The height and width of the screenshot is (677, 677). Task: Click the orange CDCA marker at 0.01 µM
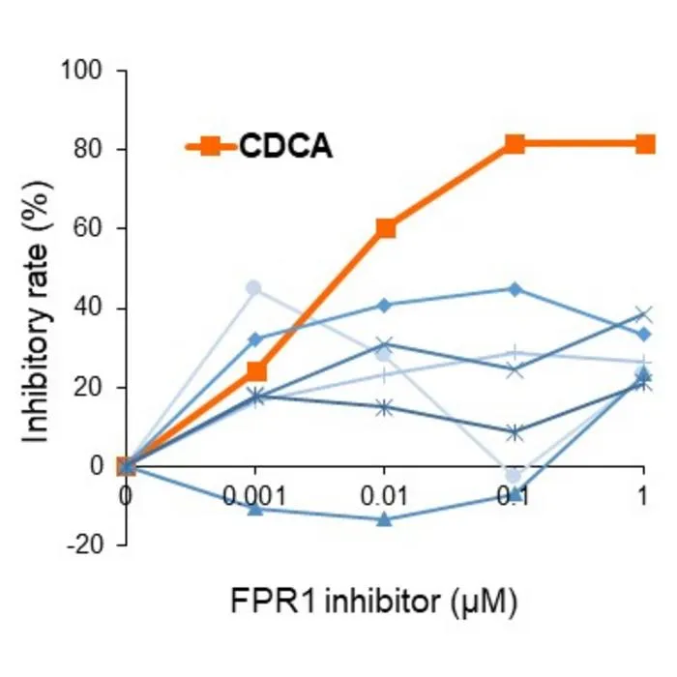point(386,228)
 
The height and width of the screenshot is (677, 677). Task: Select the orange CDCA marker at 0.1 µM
point(515,144)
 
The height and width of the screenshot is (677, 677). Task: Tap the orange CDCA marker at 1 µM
point(645,144)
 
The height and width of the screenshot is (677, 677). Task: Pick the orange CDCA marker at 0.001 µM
point(256,371)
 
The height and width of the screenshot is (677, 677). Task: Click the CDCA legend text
point(286,146)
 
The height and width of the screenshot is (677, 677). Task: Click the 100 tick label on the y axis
point(81,70)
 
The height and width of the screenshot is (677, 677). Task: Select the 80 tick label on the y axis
point(89,149)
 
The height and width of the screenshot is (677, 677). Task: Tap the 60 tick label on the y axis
point(89,228)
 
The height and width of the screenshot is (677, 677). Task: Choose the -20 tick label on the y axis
point(85,545)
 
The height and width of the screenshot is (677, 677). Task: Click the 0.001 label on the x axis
point(254,495)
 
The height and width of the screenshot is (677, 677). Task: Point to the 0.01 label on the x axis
point(384,495)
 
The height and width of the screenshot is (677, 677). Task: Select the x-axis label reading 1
point(643,495)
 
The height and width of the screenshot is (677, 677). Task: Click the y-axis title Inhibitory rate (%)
point(38,311)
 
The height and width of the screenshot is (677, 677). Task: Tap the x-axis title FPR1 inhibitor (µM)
point(374,601)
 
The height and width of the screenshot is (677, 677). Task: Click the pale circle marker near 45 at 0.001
point(253,287)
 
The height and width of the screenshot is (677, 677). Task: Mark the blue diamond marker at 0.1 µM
point(515,289)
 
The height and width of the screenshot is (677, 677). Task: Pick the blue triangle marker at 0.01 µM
point(384,520)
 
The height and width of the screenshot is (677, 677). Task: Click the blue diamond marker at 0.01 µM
point(384,306)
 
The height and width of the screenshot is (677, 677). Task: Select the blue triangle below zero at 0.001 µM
point(255,510)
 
